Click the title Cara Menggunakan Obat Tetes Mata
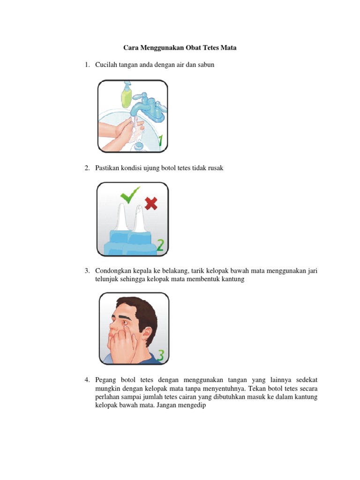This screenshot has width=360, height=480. [180, 48]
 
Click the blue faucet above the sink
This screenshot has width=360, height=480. [149, 107]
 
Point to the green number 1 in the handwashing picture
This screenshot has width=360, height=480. [160, 140]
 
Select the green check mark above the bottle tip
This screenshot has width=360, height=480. [130, 195]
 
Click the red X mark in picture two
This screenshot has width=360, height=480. [151, 203]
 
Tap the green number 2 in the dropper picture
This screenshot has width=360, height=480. [160, 245]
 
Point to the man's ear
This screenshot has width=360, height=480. [148, 335]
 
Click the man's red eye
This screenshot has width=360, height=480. [125, 323]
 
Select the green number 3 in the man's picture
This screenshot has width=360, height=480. [161, 355]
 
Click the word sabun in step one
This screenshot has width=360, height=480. [206, 65]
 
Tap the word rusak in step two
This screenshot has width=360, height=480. [216, 168]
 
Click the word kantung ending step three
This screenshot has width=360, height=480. [233, 279]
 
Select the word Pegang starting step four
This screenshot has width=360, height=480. [105, 380]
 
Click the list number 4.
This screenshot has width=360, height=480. [87, 380]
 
